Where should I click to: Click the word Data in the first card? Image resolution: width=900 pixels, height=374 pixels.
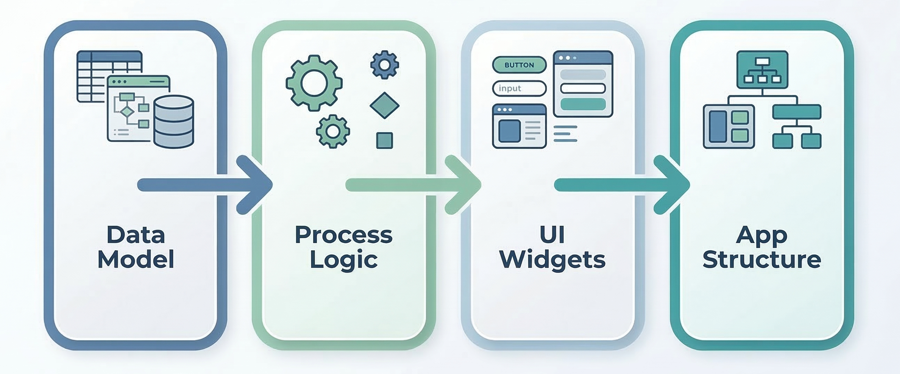(x=136, y=235)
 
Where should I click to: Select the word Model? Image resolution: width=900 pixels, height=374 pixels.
(x=136, y=259)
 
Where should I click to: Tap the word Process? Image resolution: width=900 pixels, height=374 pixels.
(x=344, y=235)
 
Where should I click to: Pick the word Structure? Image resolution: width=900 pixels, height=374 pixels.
(x=761, y=259)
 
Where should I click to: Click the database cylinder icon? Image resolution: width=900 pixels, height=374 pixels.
(x=174, y=122)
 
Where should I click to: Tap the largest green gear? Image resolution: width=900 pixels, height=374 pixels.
(x=314, y=83)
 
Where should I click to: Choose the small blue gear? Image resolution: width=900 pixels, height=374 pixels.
(x=385, y=65)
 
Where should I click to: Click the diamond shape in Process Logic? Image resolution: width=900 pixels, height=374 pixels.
(x=384, y=106)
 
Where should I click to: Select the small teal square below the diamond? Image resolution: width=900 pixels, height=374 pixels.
(x=384, y=141)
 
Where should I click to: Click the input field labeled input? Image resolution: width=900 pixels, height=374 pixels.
(x=519, y=88)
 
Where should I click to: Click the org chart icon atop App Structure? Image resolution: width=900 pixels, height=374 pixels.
(x=762, y=70)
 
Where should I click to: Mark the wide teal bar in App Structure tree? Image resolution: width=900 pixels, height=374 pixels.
(x=797, y=112)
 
